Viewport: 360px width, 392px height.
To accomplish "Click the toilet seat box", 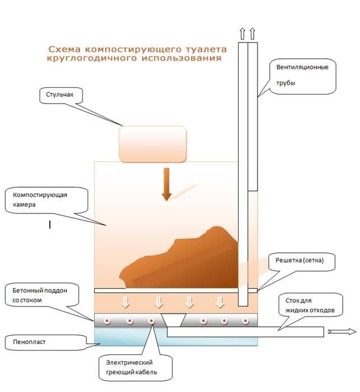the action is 153,144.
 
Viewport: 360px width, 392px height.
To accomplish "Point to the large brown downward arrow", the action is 166,184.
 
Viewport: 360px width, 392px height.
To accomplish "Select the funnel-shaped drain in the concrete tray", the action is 174,320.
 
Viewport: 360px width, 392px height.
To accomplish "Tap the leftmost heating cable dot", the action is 107,321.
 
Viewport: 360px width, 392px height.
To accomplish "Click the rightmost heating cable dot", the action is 246,321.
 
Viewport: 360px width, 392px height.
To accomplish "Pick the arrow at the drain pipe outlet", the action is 342,332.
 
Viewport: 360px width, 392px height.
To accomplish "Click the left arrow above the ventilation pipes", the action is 242,34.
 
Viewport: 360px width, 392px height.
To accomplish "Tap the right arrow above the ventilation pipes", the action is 253,34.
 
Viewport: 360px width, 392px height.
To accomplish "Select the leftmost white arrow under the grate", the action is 125,302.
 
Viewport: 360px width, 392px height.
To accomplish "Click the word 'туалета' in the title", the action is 206,49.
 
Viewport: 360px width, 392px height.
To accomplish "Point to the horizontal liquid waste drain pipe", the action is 245,332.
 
